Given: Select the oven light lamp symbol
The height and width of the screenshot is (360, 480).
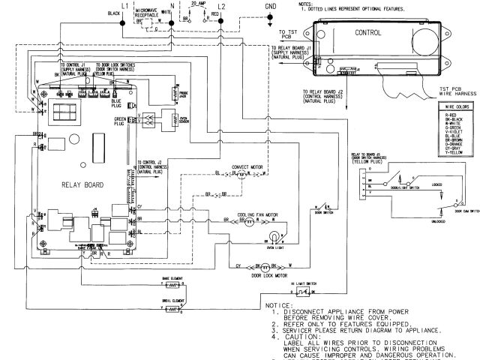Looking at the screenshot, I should [x=276, y=237].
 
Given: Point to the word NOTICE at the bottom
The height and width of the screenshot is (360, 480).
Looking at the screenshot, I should [x=278, y=305].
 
